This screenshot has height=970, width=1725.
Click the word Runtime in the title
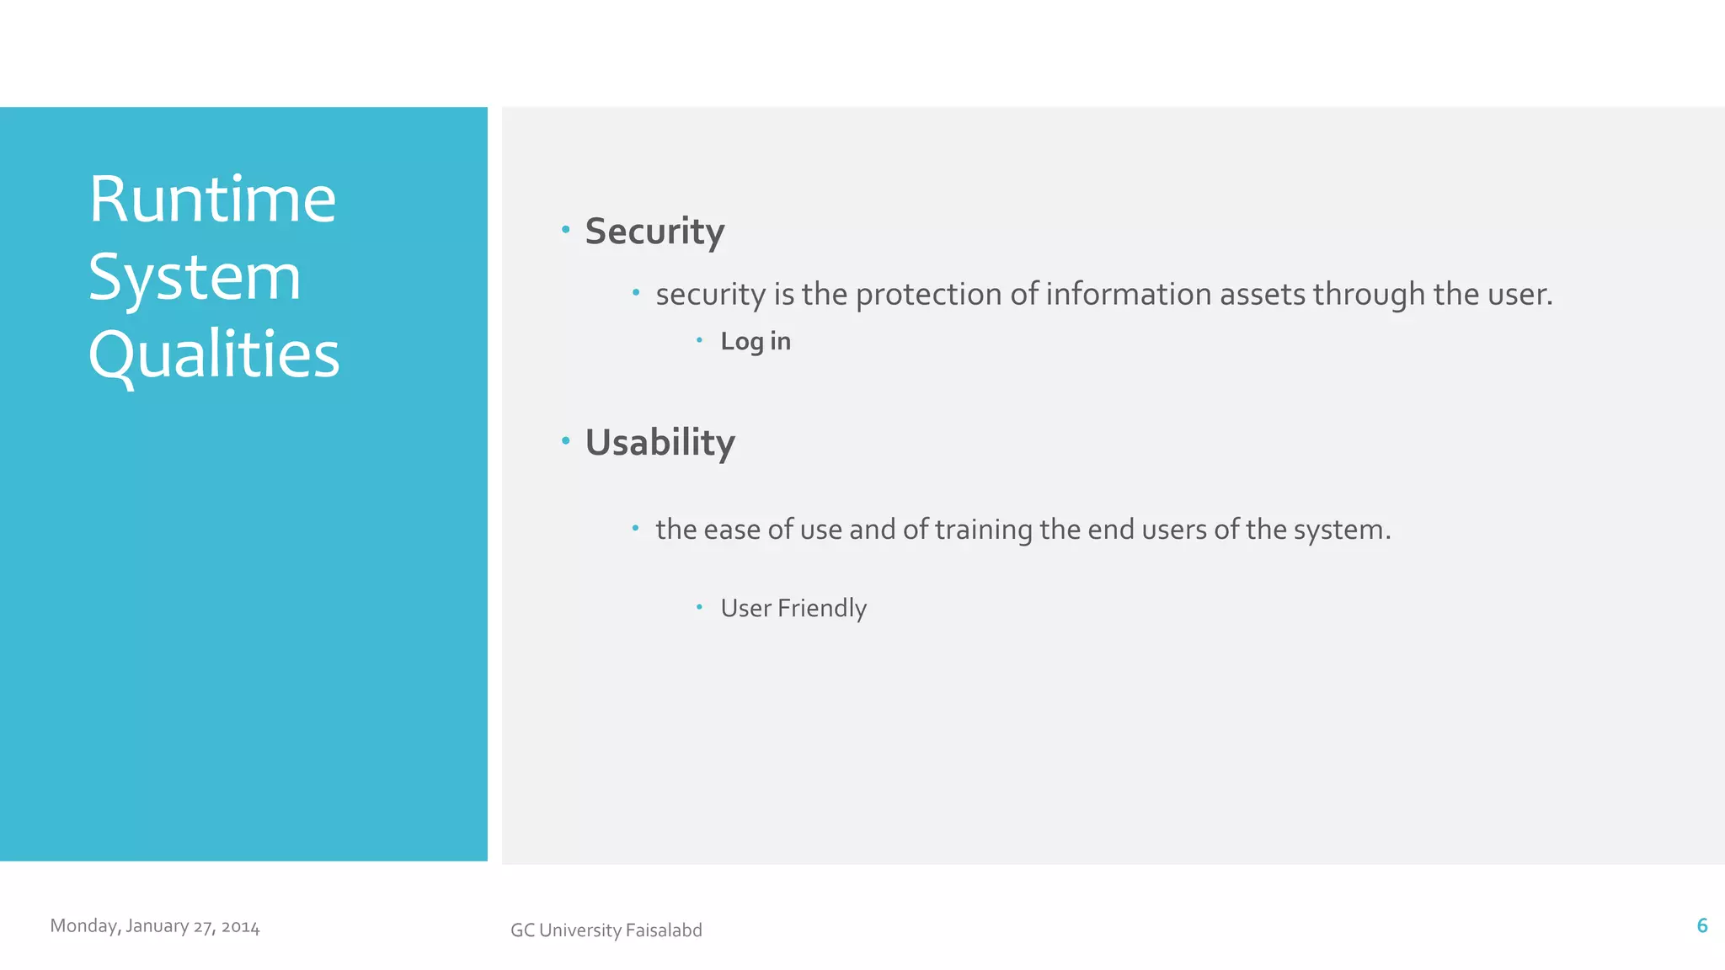pos(212,200)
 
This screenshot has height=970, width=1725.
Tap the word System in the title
pos(195,277)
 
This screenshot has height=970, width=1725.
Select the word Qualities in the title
pos(214,354)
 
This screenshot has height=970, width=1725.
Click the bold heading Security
pos(654,232)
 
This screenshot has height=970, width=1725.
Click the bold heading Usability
pos(660,443)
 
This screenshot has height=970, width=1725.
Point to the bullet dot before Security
pos(566,229)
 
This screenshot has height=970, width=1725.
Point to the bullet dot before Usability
pos(566,440)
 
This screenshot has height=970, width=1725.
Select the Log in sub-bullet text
pos(756,341)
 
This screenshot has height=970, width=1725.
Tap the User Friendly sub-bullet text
pos(793,608)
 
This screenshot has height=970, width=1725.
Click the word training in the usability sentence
pos(983,530)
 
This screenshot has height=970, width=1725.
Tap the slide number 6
pos(1701,926)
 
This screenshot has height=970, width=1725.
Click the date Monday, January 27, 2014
pos(155,926)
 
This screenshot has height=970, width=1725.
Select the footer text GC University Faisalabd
pos(606,930)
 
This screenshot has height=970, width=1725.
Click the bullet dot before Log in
pos(699,340)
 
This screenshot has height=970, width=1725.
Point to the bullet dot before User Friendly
pos(699,606)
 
